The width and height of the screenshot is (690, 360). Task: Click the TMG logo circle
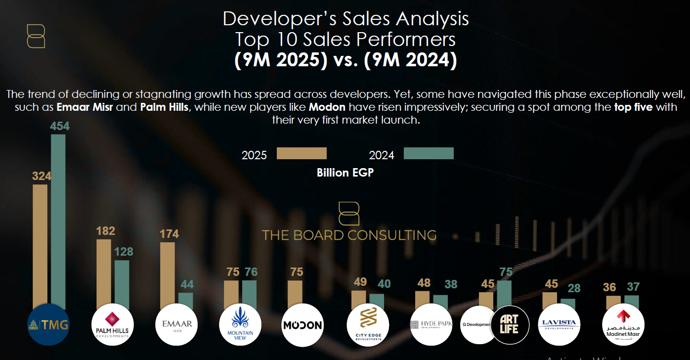(x=48, y=324)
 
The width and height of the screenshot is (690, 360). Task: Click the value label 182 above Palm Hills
(x=106, y=231)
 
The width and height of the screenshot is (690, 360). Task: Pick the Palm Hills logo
(x=113, y=324)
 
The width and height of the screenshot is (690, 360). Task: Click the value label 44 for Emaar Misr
(x=187, y=284)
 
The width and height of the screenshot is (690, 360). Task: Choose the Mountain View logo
(x=240, y=324)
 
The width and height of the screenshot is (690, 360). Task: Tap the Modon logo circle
(x=302, y=324)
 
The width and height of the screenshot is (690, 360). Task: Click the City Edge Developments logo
(x=367, y=324)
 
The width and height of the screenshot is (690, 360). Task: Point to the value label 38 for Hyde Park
(x=450, y=284)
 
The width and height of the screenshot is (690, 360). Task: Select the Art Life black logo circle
(x=509, y=324)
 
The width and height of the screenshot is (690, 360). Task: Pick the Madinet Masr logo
(x=623, y=324)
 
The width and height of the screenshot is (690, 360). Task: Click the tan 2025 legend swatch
(x=302, y=153)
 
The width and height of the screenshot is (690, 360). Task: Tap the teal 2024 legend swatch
(x=429, y=153)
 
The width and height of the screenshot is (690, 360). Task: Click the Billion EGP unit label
(x=345, y=173)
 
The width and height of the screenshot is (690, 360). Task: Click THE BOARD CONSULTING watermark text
(x=349, y=235)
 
